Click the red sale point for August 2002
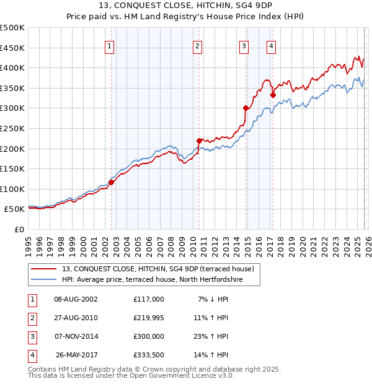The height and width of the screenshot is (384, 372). (x=112, y=182)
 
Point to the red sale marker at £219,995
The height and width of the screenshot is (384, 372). (x=199, y=141)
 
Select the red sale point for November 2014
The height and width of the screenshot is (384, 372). (x=246, y=108)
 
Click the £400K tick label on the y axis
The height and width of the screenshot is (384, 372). (x=12, y=68)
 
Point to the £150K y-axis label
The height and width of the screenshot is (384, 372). (x=12, y=168)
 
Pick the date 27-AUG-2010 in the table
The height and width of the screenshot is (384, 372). (x=76, y=318)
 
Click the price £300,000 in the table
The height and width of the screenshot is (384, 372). (x=148, y=336)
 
